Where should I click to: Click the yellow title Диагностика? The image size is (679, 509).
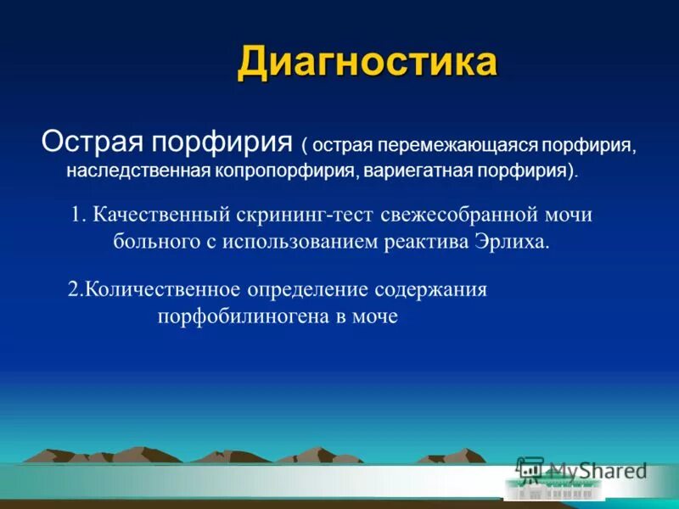(367, 63)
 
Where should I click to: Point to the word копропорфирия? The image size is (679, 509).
(283, 171)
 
